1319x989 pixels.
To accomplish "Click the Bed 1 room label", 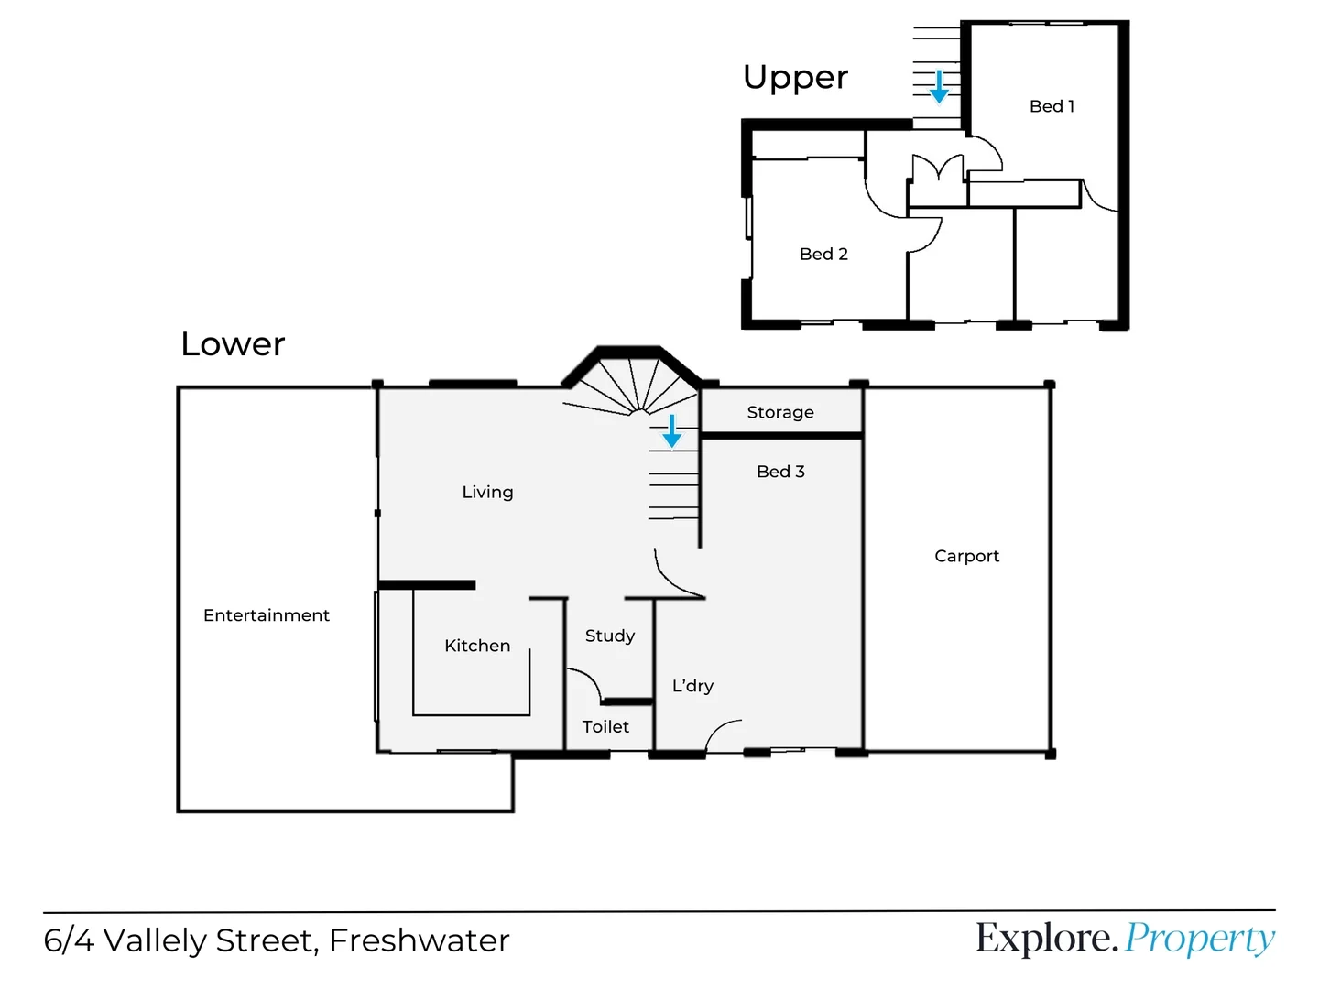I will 1052,106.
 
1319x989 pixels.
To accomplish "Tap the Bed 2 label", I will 823,254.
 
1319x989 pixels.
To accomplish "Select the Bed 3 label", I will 780,472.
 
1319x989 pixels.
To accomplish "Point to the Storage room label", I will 780,412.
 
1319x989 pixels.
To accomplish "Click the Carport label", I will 966,556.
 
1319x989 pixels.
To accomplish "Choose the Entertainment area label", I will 267,615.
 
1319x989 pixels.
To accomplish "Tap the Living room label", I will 487,492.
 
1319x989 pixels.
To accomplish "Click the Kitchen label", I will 477,646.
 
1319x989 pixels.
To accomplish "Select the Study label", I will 610,636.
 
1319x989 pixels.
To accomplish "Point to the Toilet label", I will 605,727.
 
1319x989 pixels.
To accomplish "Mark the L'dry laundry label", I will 692,686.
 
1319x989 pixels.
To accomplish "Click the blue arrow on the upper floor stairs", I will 939,87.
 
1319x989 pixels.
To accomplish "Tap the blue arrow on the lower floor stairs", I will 671,431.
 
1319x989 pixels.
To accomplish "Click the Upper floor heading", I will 795,78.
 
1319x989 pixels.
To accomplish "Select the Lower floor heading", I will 233,344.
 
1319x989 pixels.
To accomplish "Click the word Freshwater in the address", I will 419,940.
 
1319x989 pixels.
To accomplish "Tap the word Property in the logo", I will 1199,939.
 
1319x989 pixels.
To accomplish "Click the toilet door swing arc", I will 586,682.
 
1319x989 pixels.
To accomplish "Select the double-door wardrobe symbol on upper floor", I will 937,169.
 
